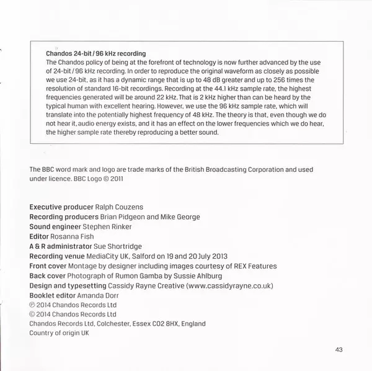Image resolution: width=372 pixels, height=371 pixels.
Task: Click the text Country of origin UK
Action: pyautogui.click(x=60, y=333)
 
